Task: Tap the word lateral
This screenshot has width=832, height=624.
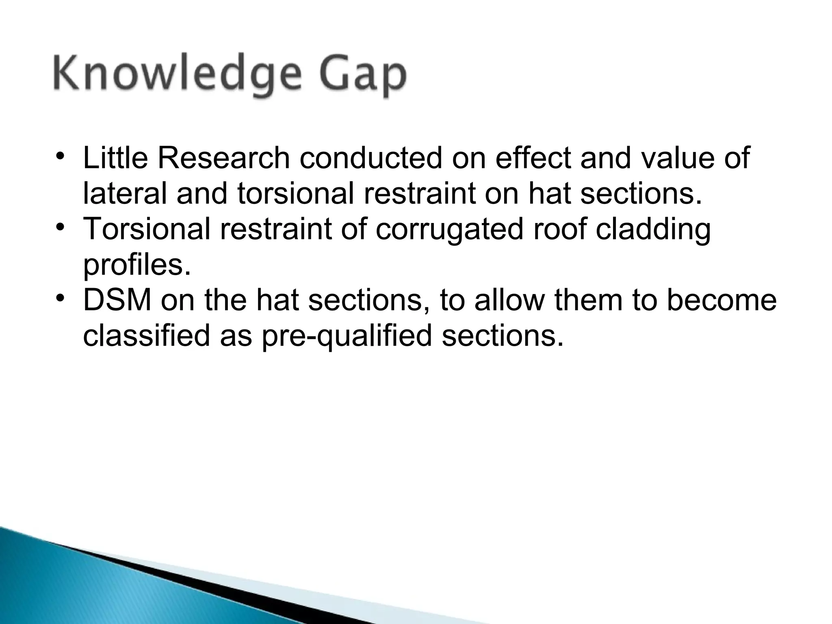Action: coord(124,193)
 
